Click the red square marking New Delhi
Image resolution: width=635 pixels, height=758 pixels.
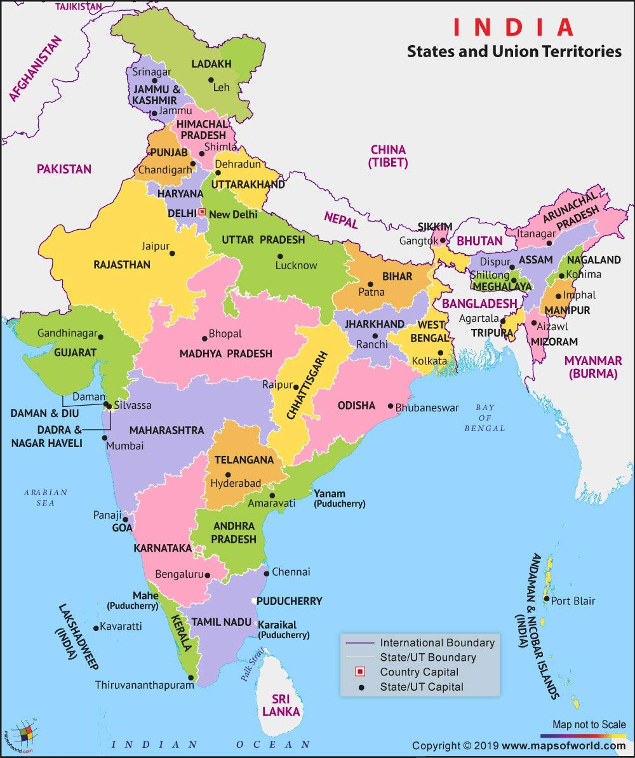[x=203, y=212]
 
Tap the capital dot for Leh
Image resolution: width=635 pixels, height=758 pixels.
[x=211, y=80]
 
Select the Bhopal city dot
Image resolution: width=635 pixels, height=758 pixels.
[x=204, y=338]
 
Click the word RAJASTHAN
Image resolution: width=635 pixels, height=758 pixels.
[x=122, y=264]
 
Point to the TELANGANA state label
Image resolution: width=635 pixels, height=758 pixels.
[x=244, y=460]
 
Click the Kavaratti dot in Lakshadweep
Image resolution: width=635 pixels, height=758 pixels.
[x=96, y=628]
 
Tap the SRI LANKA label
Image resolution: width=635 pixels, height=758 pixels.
[x=281, y=706]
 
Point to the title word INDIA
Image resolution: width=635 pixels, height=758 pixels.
[x=513, y=27]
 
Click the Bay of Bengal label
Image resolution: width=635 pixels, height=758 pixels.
[x=485, y=418]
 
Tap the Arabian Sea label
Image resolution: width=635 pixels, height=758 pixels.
[x=45, y=498]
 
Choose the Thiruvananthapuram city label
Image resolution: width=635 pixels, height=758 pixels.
[x=145, y=685]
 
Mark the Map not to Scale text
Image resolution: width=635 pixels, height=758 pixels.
[x=589, y=724]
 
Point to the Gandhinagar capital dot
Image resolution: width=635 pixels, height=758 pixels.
[x=101, y=337]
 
